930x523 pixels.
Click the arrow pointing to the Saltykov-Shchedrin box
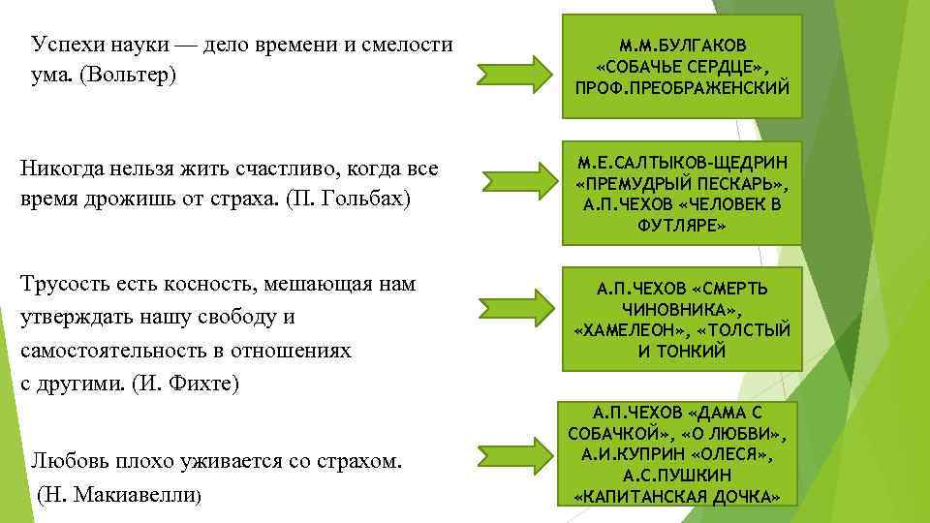[515, 181]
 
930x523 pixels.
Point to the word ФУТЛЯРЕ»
[684, 225]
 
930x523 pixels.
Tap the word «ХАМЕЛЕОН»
[625, 330]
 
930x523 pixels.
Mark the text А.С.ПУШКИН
[684, 475]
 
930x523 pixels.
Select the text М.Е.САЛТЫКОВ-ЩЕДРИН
[684, 162]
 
